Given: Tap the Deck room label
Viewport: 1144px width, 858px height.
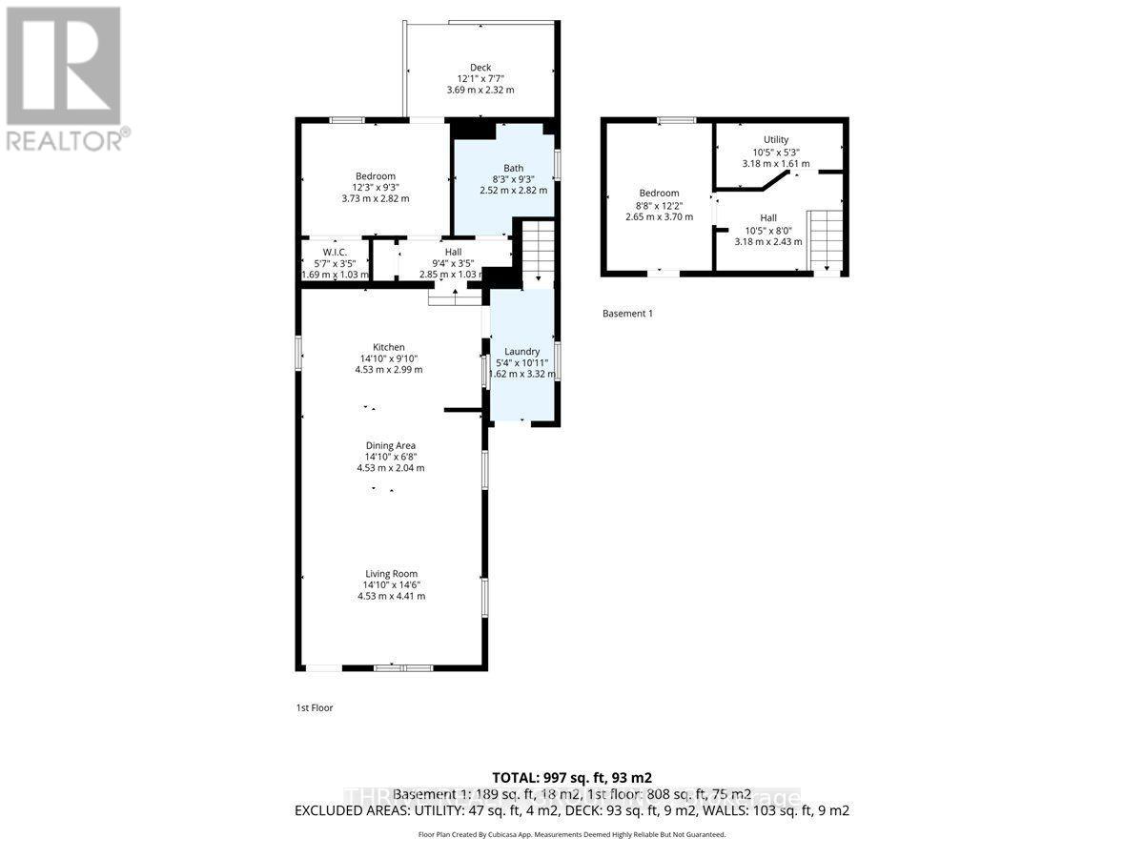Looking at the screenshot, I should click(480, 67).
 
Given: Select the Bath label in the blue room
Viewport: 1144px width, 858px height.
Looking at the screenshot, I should click(513, 168).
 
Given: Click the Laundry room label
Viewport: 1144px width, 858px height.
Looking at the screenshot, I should click(522, 352).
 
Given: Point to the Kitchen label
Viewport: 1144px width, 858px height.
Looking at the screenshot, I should click(388, 347).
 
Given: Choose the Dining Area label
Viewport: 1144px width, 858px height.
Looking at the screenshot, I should click(390, 445).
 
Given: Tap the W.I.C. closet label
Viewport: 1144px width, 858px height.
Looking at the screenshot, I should click(335, 252).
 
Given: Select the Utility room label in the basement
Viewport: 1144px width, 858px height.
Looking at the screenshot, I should click(775, 140).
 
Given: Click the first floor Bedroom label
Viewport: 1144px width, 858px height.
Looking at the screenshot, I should click(375, 176).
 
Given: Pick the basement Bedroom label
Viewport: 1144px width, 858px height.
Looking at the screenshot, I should click(659, 194).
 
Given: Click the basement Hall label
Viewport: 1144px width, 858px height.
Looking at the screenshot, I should click(767, 218).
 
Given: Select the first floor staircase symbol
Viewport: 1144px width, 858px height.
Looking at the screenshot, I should click(539, 252).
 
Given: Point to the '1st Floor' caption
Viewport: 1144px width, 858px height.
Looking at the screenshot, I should click(314, 708).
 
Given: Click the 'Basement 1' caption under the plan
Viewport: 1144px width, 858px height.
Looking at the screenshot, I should click(627, 314).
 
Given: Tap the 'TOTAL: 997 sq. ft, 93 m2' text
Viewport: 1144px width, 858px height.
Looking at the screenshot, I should click(571, 777).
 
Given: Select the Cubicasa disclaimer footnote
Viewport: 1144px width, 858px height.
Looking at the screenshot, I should click(571, 834).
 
